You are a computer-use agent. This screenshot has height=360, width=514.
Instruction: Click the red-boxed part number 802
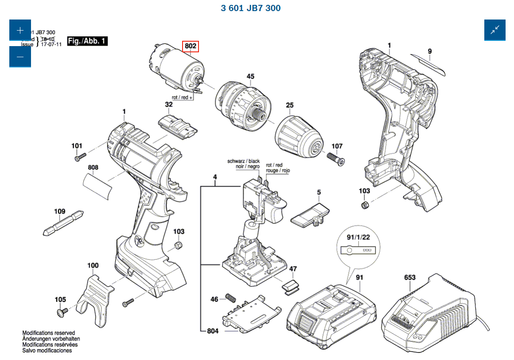[x=191, y=46]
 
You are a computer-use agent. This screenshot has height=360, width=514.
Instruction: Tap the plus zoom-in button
[x=20, y=30]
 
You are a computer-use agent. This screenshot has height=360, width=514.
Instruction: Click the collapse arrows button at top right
[x=495, y=30]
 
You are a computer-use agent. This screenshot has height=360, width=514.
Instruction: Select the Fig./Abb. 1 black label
[x=87, y=41]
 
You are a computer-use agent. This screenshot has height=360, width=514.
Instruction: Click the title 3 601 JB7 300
[x=250, y=8]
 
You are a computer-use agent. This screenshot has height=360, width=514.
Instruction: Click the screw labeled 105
[x=61, y=313]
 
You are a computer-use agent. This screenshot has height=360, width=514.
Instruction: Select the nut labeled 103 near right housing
[x=364, y=205]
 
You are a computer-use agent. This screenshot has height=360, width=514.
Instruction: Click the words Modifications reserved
[x=49, y=333]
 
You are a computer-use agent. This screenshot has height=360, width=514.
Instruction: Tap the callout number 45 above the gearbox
[x=250, y=76]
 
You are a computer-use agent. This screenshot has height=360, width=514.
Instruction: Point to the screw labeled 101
[x=80, y=157]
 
